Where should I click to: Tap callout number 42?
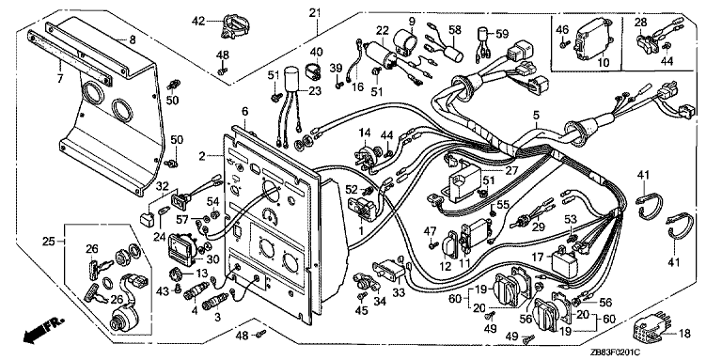point(198,22)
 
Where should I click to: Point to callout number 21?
point(315,12)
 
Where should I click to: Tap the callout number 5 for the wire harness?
point(536,113)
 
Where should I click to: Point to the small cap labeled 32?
point(147,218)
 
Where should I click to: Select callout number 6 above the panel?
point(244,111)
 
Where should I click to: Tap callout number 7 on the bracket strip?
point(59,79)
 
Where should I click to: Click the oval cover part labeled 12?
point(448,246)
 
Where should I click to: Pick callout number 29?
point(539,227)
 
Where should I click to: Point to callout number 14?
point(365,133)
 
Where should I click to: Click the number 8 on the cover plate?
point(133,39)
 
